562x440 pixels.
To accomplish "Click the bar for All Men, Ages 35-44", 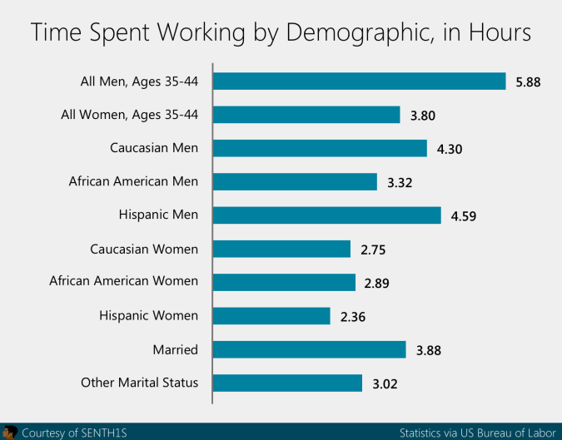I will click(360, 81).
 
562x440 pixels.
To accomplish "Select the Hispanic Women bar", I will click(272, 315).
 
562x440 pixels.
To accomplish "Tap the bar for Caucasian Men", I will click(321, 148).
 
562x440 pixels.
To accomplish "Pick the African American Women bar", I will click(285, 282).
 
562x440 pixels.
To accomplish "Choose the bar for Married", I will click(310, 349).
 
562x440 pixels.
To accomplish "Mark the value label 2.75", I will click(374, 250).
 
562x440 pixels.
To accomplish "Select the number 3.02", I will click(385, 383).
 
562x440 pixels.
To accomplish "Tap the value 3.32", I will click(400, 182).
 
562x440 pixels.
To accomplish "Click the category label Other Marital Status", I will click(139, 383).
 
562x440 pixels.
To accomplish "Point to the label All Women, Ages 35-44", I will click(130, 114).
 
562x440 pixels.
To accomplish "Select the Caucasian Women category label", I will click(143, 249).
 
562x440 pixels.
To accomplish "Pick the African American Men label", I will click(133, 181).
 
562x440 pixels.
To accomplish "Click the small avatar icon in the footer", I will click(10, 432).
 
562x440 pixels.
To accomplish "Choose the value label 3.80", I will click(423, 115).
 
